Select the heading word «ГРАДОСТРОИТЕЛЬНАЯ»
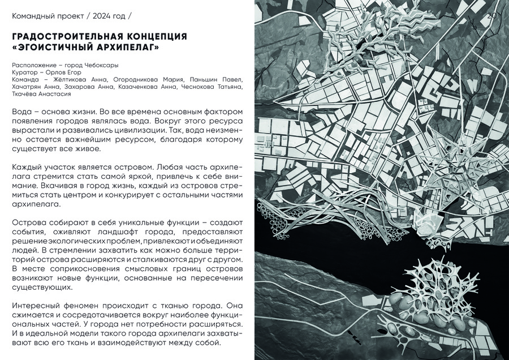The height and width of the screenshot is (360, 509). point(59,36)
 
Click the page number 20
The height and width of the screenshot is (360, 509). point(491,16)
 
